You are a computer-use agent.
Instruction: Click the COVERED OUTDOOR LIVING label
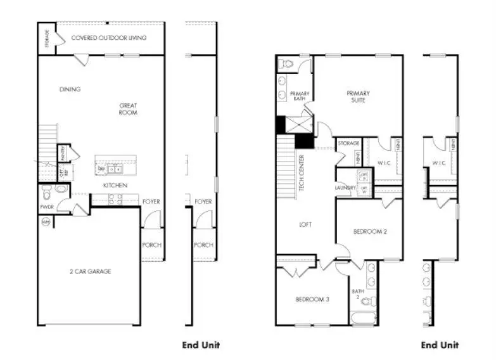click(108, 38)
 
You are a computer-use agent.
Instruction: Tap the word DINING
click(70, 89)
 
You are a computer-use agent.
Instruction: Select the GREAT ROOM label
click(128, 109)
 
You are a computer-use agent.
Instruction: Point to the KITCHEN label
click(115, 185)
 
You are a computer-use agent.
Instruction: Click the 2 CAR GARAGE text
click(90, 271)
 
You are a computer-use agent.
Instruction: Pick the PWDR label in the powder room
click(46, 207)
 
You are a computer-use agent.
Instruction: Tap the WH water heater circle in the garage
click(46, 222)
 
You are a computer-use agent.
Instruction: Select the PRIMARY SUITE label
click(358, 97)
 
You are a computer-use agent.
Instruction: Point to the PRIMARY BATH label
click(300, 97)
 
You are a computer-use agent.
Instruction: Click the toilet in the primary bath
click(287, 63)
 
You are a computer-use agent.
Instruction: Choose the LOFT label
click(305, 224)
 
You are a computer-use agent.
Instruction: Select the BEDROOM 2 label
click(369, 231)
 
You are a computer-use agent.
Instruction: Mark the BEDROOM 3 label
click(312, 299)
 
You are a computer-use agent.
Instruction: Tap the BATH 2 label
click(356, 293)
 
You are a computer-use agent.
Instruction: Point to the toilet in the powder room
click(61, 188)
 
